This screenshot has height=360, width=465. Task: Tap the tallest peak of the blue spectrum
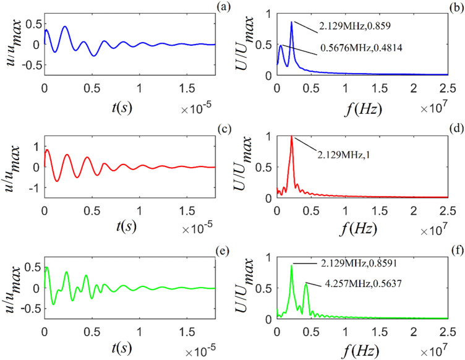pos(291,22)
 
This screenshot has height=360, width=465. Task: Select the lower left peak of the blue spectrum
pos(281,45)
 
